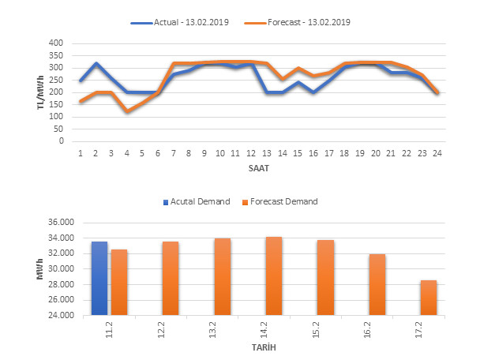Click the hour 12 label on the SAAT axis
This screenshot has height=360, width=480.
(251, 153)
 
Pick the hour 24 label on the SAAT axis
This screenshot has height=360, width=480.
(437, 153)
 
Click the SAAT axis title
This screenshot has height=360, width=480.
(257, 167)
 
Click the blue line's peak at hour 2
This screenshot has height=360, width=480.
(96, 63)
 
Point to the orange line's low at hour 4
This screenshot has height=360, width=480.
(127, 111)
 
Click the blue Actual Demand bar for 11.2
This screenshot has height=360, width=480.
(99, 278)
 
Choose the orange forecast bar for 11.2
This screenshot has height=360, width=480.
(119, 282)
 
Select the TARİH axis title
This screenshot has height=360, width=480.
(262, 347)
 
